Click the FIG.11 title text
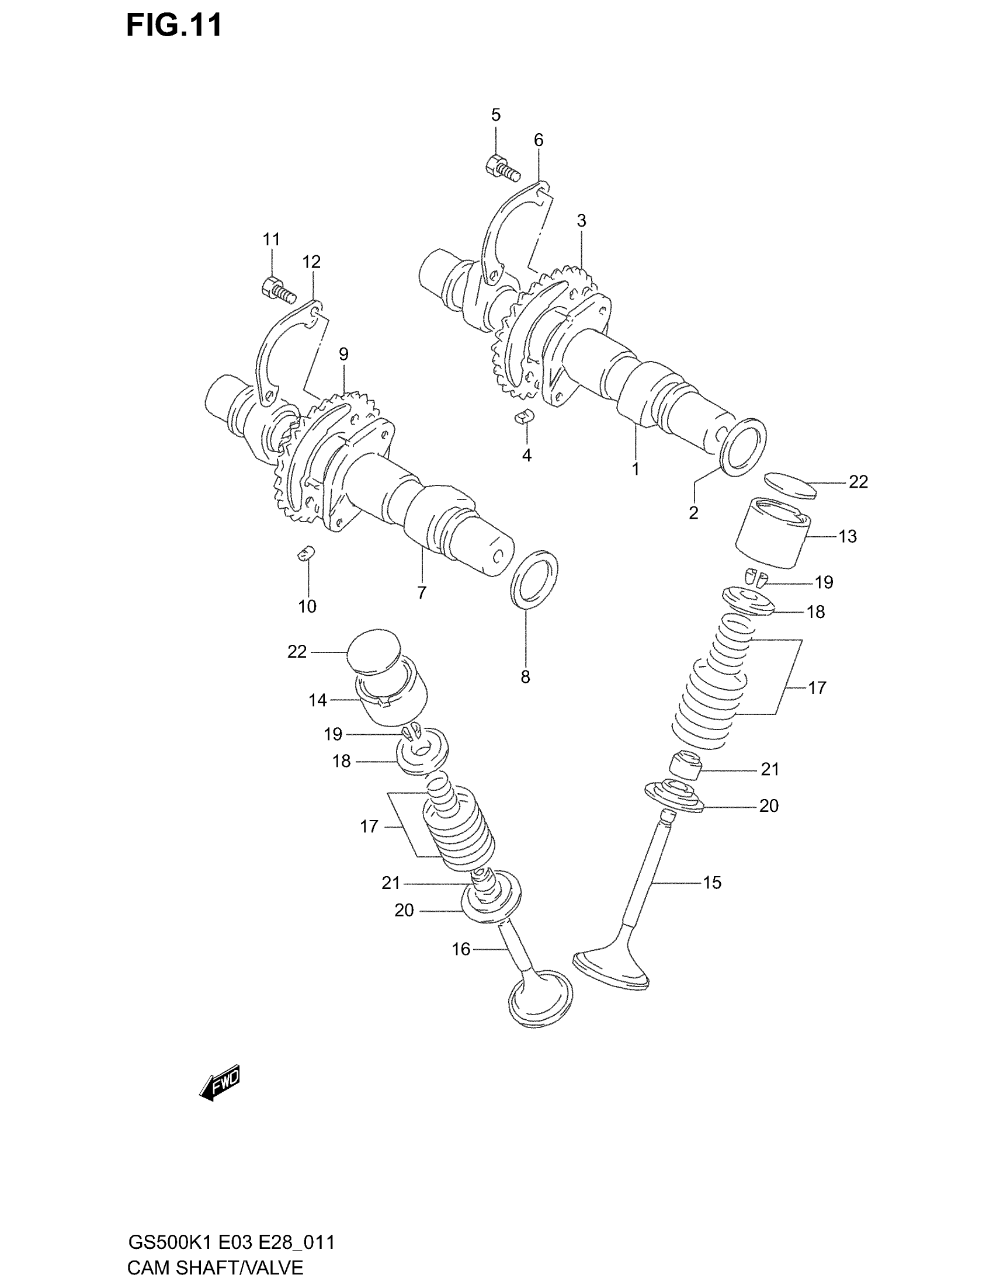pyautogui.click(x=174, y=26)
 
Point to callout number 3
pyautogui.click(x=581, y=221)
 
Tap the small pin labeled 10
pyautogui.click(x=305, y=554)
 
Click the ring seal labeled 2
pyautogui.click(x=744, y=447)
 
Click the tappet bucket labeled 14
pyautogui.click(x=391, y=699)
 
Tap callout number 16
pyautogui.click(x=461, y=950)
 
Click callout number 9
pyautogui.click(x=343, y=354)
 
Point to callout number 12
pyautogui.click(x=311, y=262)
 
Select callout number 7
pyautogui.click(x=422, y=592)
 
